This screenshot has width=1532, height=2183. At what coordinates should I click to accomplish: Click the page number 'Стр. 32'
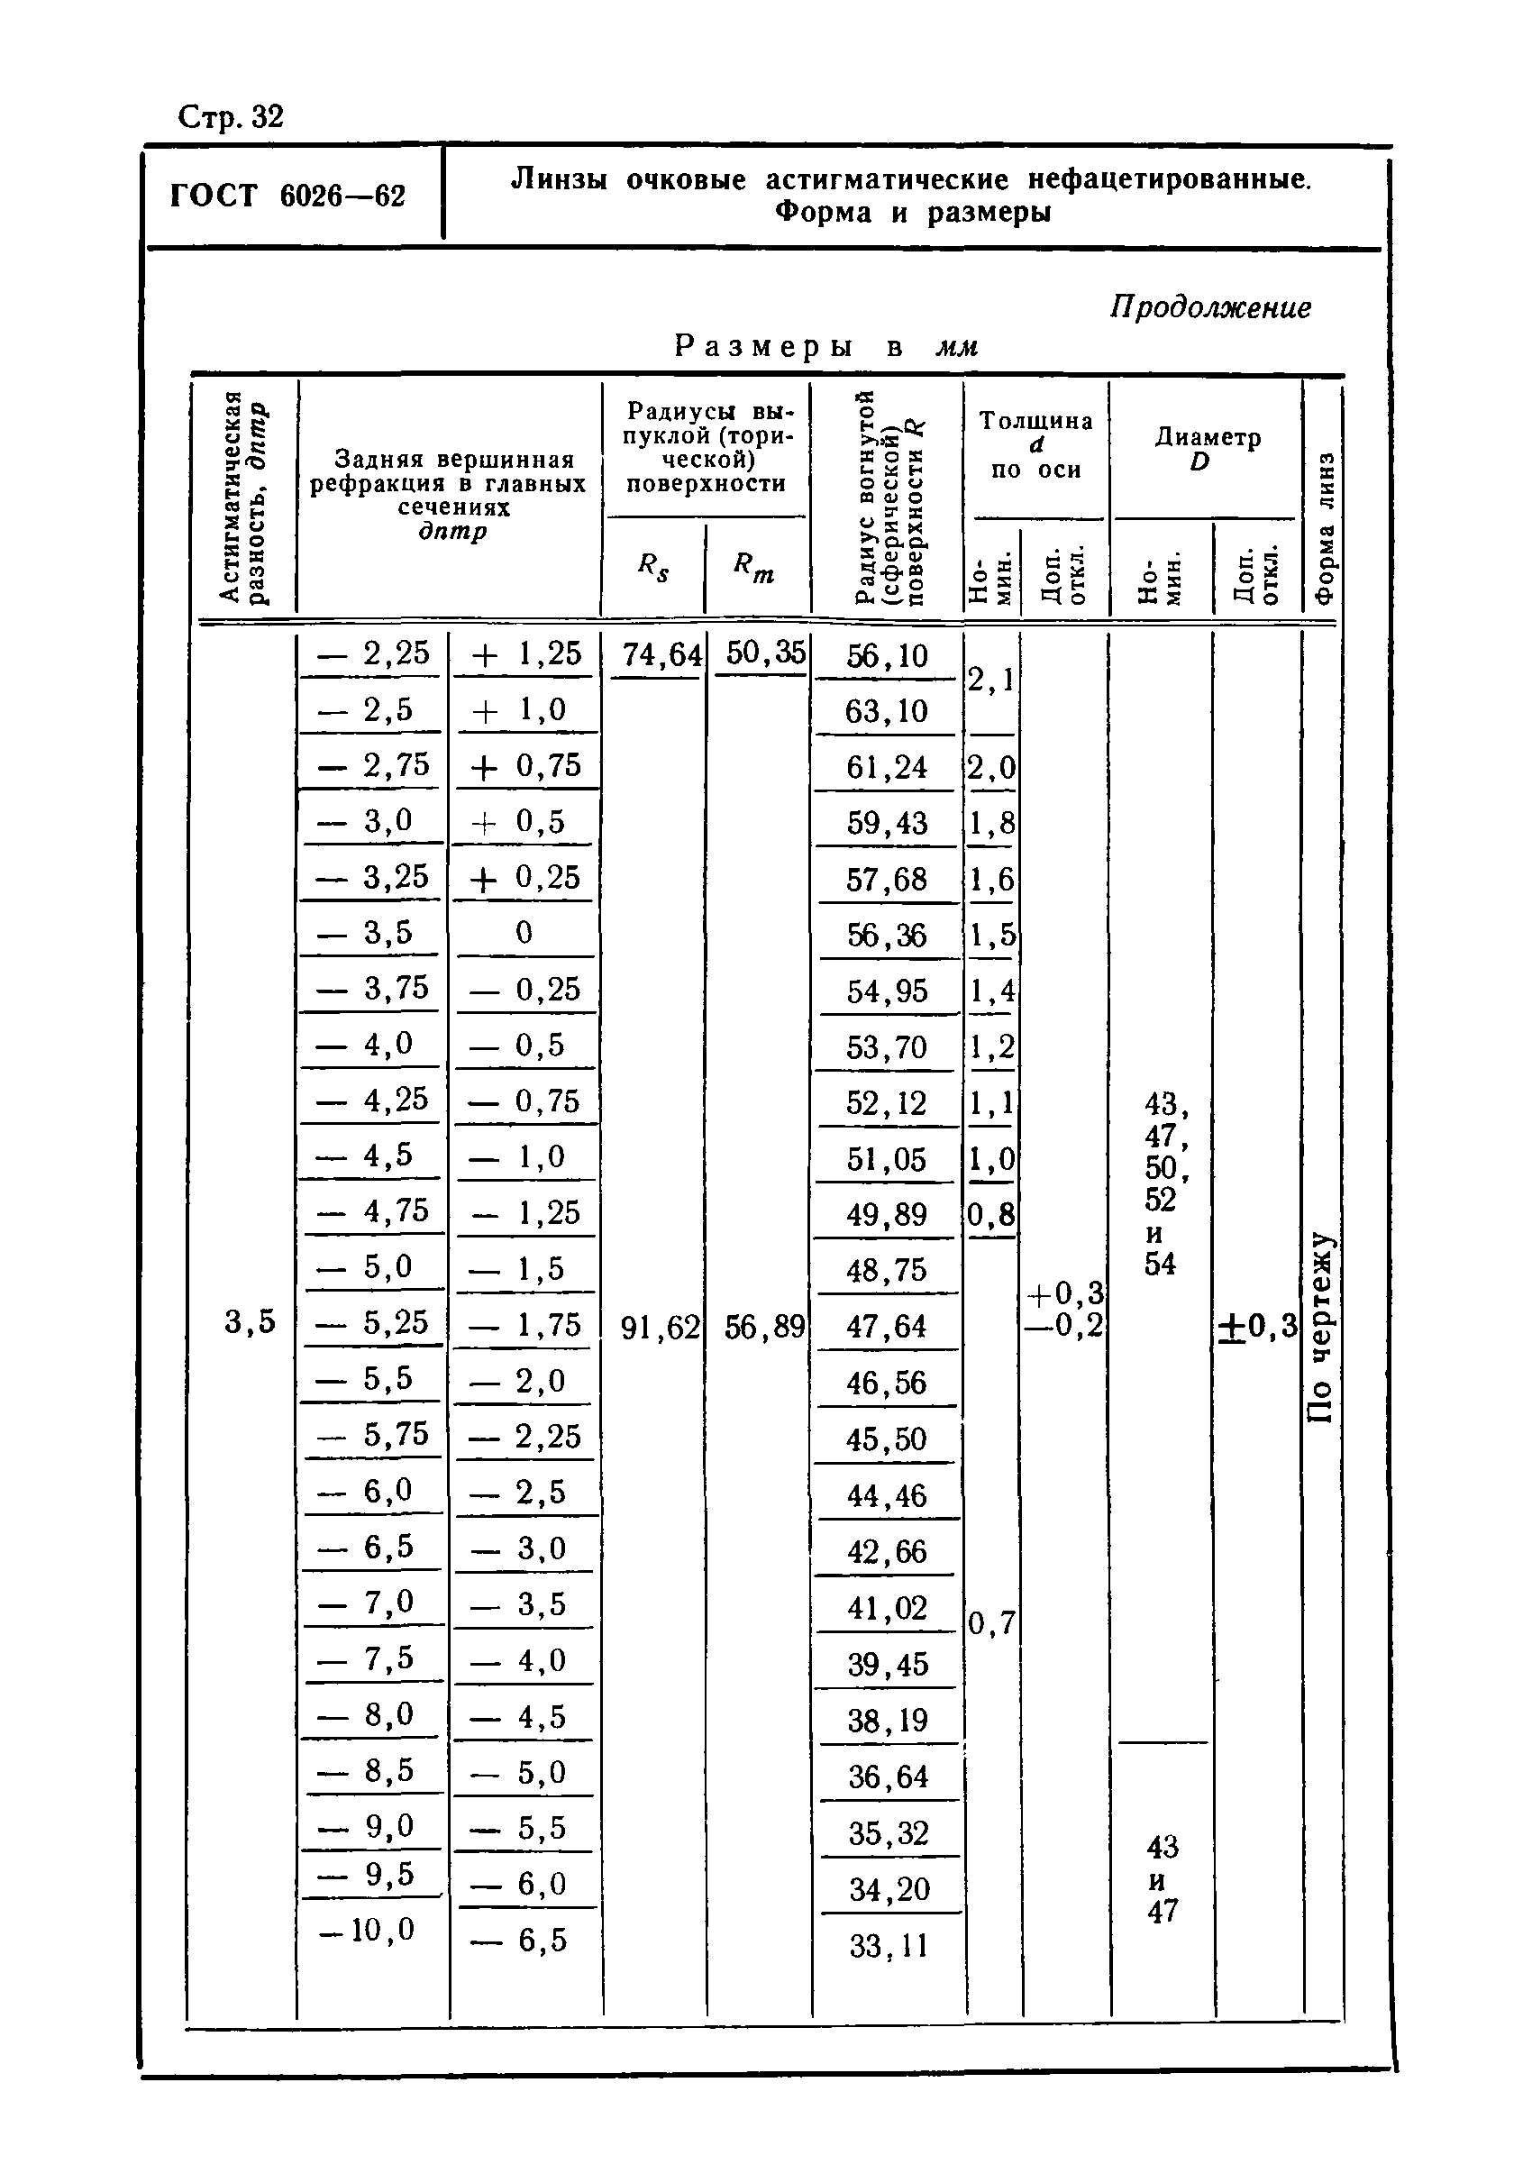point(231,117)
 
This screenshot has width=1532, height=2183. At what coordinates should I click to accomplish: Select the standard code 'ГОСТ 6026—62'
point(288,196)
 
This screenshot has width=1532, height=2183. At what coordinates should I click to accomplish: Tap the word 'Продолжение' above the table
point(1209,307)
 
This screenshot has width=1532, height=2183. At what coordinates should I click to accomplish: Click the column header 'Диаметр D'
point(1206,449)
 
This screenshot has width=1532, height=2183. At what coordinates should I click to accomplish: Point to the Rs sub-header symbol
point(653,568)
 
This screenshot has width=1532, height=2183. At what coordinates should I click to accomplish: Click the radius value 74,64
point(661,655)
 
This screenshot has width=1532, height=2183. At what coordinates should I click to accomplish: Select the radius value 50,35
point(765,653)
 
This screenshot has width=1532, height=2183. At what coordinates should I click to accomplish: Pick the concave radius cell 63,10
point(886,711)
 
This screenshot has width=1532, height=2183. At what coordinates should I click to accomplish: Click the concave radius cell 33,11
point(888,1945)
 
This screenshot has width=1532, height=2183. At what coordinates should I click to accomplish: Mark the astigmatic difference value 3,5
point(250,1321)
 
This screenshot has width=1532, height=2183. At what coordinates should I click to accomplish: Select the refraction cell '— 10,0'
point(368,1929)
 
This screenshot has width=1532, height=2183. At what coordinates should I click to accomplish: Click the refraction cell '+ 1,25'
point(525,653)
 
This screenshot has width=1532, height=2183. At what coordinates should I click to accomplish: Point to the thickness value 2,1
point(990,680)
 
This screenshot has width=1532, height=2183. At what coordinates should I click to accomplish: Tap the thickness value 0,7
point(991,1622)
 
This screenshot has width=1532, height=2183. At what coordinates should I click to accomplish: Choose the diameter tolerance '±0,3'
point(1257,1325)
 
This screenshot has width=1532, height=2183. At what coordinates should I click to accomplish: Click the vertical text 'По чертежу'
point(1321,1327)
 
